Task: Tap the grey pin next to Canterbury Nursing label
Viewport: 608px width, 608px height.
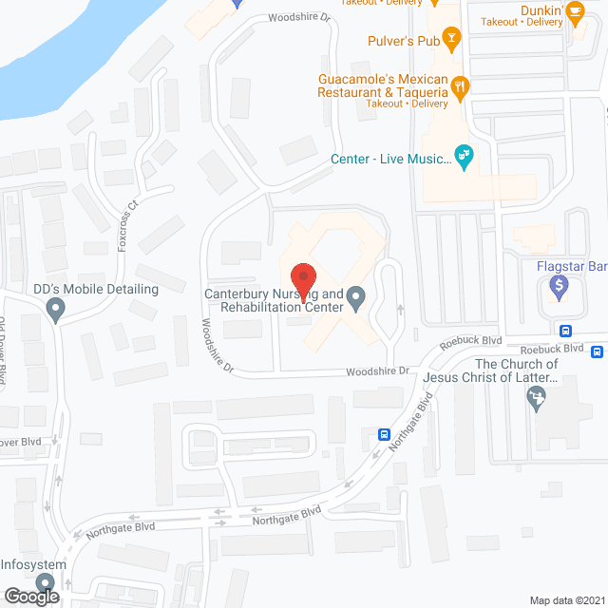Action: coord(356,299)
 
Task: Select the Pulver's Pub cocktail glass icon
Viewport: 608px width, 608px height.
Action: coord(452,40)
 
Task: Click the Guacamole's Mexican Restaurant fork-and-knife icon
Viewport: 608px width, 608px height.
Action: coord(461,87)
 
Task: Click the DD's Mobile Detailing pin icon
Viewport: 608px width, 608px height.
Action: coord(55,309)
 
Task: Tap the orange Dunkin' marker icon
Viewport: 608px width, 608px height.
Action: coord(575,13)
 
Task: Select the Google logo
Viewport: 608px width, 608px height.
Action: coord(30,596)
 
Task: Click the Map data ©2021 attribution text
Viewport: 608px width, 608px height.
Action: coord(566,599)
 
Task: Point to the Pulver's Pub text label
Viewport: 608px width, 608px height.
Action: coord(404,41)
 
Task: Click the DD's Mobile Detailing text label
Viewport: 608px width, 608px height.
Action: coord(95,288)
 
